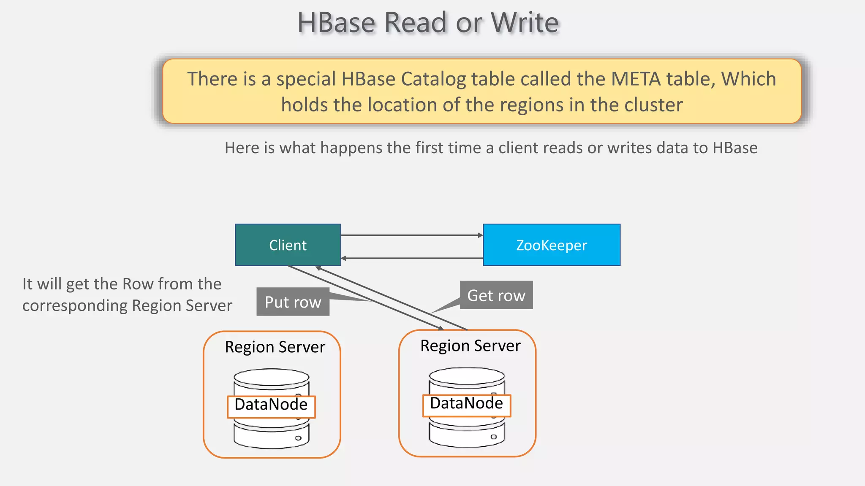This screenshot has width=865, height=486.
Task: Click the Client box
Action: tap(288, 245)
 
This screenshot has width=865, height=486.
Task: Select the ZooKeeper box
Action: tap(551, 245)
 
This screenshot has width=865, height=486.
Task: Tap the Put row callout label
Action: tap(293, 302)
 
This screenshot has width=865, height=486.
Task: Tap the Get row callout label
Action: tap(496, 295)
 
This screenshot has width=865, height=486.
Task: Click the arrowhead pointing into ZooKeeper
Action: tap(480, 235)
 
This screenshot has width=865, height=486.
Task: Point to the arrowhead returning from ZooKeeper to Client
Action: tap(343, 258)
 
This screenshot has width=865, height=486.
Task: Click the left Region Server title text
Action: tap(275, 347)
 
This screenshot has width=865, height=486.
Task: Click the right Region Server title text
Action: tap(470, 346)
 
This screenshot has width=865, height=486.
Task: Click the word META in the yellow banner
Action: tap(636, 79)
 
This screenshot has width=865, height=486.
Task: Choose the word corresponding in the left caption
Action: tap(74, 306)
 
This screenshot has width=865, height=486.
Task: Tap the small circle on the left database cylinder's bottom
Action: tap(298, 438)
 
